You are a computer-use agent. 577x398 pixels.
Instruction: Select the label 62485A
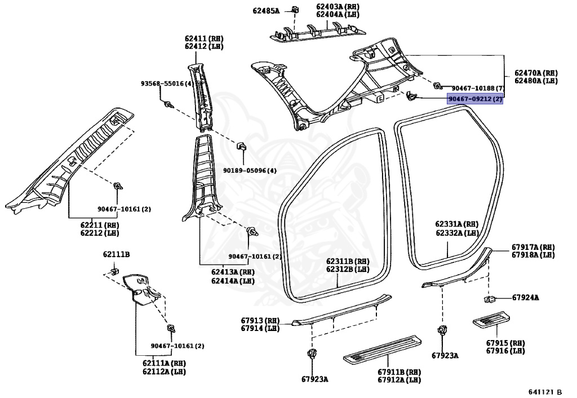(266, 11)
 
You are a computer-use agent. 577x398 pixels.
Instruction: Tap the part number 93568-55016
(163, 84)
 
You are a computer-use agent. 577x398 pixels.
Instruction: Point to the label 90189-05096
(246, 171)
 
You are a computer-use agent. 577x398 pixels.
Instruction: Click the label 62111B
(116, 254)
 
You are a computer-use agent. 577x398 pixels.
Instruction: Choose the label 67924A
(525, 298)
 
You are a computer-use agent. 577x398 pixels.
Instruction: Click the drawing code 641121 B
(545, 392)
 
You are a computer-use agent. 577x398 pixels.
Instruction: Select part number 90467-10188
(474, 88)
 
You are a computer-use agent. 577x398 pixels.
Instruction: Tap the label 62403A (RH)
(338, 7)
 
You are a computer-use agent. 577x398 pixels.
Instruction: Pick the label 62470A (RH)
(536, 73)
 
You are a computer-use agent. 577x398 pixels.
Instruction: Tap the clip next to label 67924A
(489, 298)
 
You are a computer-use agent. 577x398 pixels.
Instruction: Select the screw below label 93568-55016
(169, 105)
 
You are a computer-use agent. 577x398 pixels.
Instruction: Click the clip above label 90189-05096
(242, 146)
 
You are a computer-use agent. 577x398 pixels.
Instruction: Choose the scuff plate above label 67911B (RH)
(383, 349)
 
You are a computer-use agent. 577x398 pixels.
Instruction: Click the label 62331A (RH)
(456, 224)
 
